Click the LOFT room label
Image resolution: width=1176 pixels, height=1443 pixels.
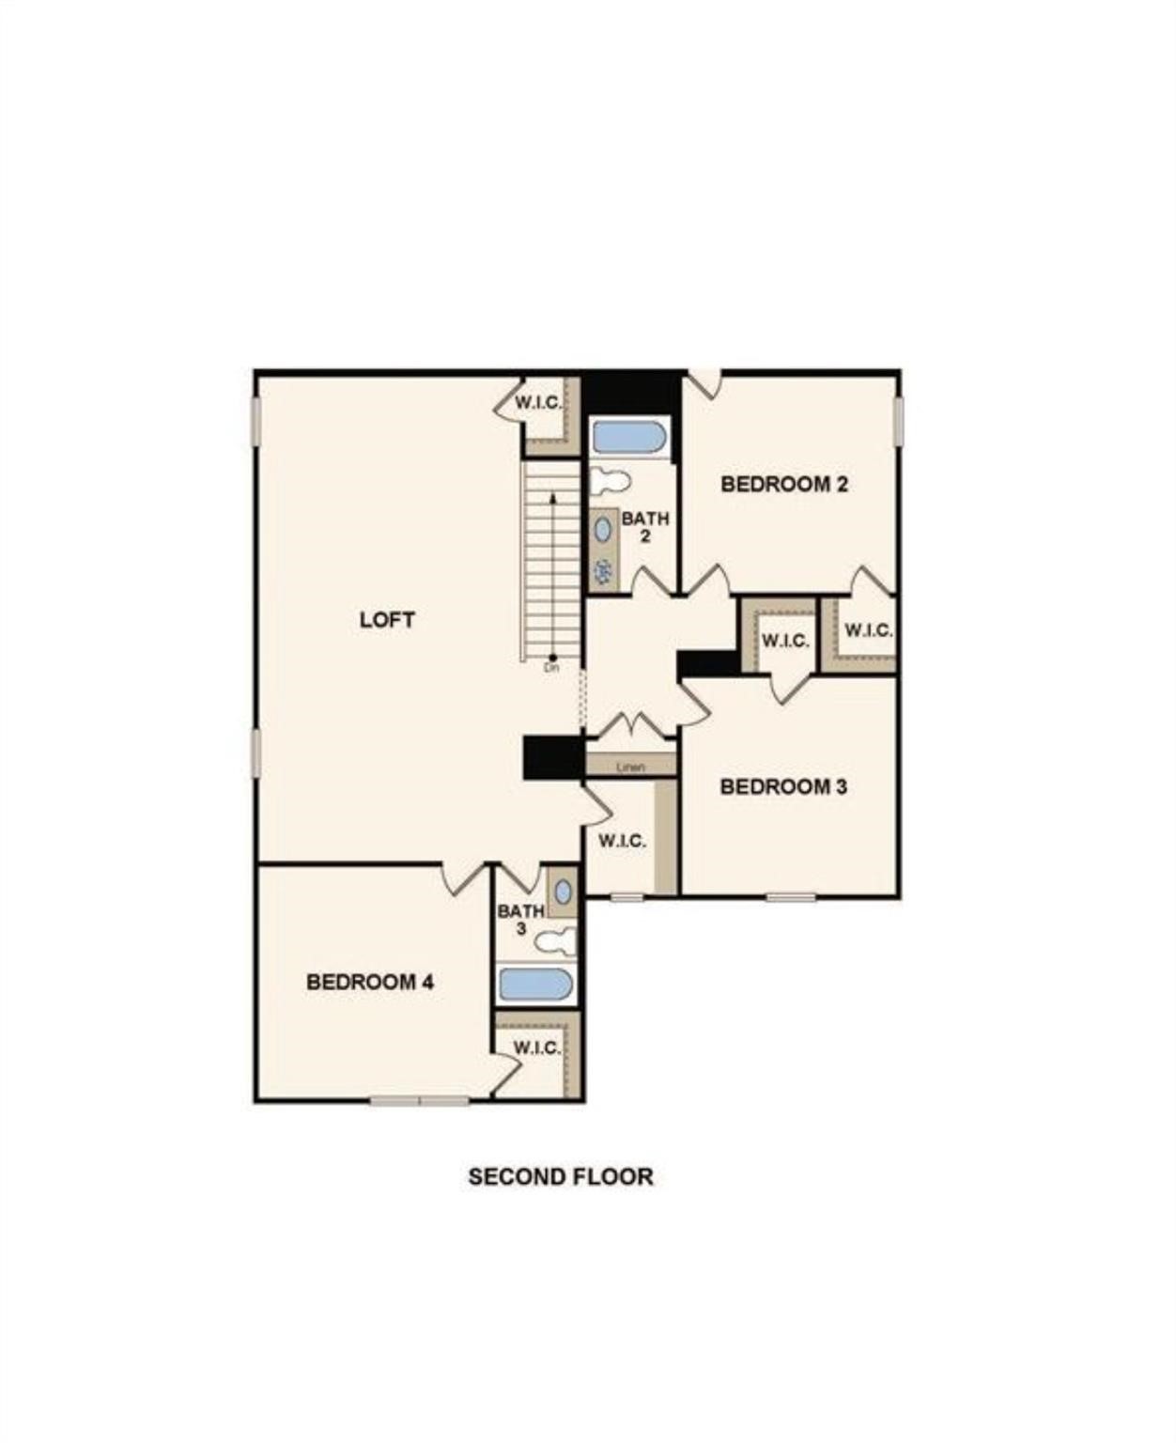point(387,620)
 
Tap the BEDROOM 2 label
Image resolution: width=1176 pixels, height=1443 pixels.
point(784,484)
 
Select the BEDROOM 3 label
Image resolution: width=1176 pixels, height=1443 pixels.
point(783,786)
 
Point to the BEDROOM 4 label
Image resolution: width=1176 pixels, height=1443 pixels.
point(370,982)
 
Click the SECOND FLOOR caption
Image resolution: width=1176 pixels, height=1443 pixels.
point(561,1176)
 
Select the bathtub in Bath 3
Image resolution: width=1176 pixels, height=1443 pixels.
point(535,984)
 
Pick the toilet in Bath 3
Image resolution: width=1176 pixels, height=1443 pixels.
point(557,939)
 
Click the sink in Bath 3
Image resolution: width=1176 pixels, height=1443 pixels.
point(563,891)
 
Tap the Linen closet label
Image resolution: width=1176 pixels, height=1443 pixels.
point(631,767)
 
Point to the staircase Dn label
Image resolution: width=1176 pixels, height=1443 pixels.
point(551,669)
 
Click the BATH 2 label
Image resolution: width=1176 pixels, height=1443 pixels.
point(645,527)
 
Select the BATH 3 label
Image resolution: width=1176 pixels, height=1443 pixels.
point(520,920)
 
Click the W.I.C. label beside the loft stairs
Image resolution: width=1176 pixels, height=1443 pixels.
point(538,403)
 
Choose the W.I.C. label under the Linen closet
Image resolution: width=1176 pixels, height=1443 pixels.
point(622,841)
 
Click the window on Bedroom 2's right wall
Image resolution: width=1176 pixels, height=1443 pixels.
point(898,420)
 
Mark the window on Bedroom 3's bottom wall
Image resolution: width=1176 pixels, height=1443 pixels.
point(791,897)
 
